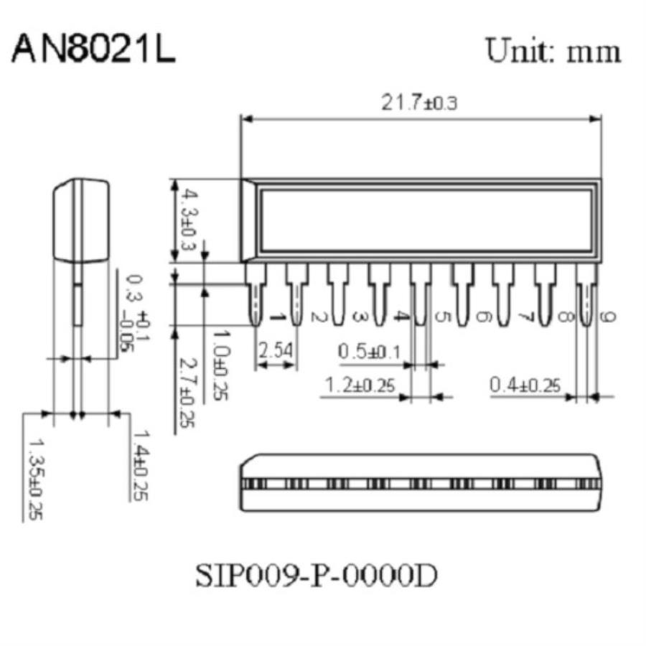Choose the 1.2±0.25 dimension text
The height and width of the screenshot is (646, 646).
click(x=360, y=385)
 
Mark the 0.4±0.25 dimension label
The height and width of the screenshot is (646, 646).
click(x=525, y=385)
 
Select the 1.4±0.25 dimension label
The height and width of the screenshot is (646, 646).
click(x=141, y=464)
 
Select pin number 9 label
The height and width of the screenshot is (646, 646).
click(x=607, y=317)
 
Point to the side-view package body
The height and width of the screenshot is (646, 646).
click(x=81, y=219)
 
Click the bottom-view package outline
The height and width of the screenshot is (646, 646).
click(x=419, y=483)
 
